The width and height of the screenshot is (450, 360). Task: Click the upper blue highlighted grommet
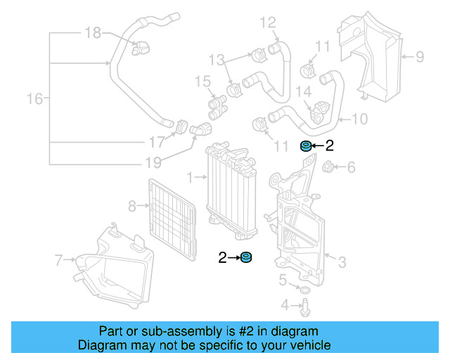(306, 146)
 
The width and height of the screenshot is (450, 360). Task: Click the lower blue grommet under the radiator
(246, 258)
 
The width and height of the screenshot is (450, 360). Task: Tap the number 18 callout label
(93, 32)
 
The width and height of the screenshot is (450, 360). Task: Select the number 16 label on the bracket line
(34, 98)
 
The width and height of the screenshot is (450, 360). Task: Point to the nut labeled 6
(328, 167)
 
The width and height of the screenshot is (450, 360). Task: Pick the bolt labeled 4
(307, 307)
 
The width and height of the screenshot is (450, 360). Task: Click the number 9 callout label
(419, 56)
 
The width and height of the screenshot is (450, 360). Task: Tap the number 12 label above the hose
(268, 23)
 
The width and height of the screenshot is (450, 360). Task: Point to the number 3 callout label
(342, 263)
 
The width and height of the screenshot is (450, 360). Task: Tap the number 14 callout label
(304, 91)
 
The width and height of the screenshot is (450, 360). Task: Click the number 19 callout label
(153, 163)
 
